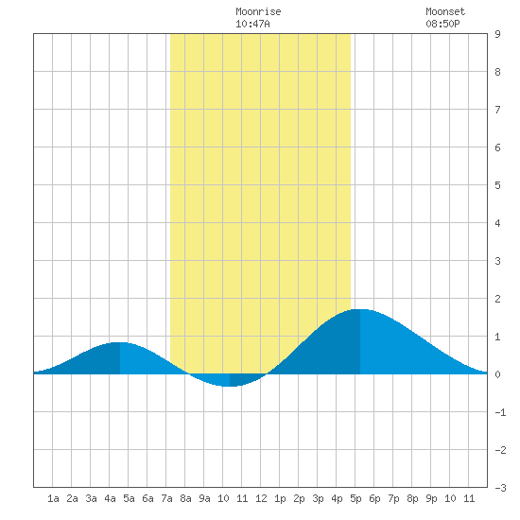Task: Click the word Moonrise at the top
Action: tap(258, 11)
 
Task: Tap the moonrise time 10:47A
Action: tap(252, 24)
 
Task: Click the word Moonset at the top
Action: tap(445, 11)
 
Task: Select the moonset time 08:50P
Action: tap(442, 24)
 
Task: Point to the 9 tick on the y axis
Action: tap(497, 34)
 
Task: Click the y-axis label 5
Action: tap(497, 185)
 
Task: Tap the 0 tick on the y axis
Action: tap(497, 374)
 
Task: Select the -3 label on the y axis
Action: tap(500, 488)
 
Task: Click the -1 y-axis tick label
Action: tap(500, 412)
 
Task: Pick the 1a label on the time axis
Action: tap(53, 498)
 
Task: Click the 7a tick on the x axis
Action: tap(166, 498)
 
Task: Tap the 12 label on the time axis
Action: tap(261, 498)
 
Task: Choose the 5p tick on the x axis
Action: tap(355, 498)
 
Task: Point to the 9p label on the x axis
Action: tap(431, 498)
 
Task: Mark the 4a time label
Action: tap(110, 498)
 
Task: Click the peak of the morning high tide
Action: tap(120, 342)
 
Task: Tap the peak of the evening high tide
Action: tap(360, 309)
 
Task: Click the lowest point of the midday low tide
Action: tap(230, 386)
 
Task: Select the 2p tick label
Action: tap(299, 498)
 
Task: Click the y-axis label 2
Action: tap(497, 299)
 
